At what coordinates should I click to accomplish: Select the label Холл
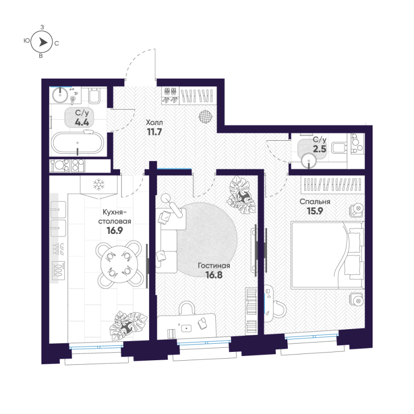154,122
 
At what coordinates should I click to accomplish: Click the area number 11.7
154,132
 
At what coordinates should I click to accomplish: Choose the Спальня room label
315,202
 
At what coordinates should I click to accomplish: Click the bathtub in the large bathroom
78,143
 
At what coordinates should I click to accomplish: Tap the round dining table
120,263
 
